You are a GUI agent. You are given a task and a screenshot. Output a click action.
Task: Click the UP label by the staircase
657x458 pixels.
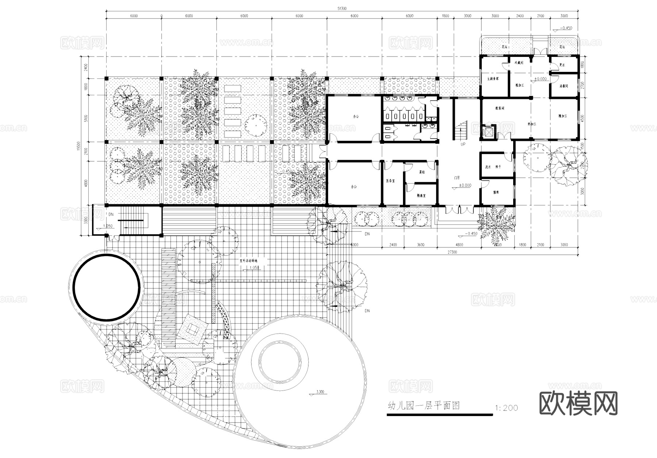[463, 145]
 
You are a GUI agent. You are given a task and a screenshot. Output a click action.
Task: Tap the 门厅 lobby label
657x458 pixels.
[457, 178]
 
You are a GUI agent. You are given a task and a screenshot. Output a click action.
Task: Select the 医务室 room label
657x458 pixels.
[391, 181]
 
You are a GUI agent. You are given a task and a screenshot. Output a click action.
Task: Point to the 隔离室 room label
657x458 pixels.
[421, 196]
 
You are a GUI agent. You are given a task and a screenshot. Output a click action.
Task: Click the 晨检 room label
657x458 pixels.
[422, 172]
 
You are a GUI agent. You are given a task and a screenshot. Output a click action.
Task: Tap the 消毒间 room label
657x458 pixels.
[564, 86]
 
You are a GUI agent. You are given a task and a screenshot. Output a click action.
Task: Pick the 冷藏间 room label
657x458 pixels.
[519, 63]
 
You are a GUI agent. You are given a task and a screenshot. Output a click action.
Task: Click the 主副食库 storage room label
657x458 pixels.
[493, 79]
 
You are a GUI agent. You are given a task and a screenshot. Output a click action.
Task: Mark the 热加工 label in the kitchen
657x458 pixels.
[531, 124]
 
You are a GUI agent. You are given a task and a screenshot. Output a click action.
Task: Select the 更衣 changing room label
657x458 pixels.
[562, 65]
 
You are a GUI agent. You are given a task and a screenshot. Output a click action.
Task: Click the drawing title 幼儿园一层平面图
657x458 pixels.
[423, 406]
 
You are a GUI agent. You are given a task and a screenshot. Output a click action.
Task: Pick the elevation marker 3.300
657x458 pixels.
[319, 392]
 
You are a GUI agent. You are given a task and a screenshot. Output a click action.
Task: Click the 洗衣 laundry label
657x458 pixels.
[488, 167]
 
